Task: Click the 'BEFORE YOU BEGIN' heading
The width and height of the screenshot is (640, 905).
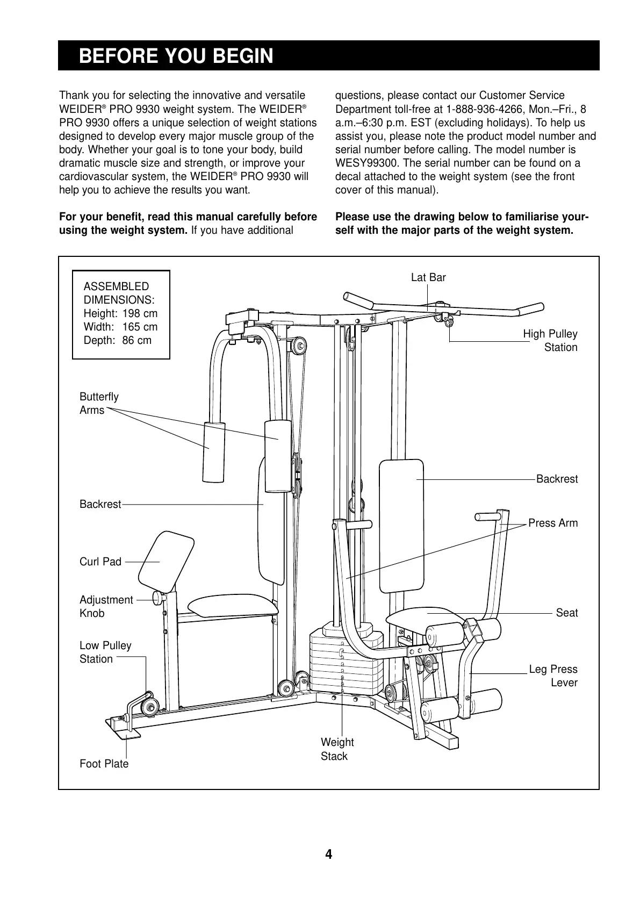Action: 176,56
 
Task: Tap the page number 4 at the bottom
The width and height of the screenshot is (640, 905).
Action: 328,854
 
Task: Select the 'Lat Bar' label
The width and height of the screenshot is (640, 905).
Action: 428,277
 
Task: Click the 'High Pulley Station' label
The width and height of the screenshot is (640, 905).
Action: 550,341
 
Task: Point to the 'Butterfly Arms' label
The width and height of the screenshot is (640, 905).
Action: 99,403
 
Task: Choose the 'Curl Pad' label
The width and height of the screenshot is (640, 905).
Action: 100,562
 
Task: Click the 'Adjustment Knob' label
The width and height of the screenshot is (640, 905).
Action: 106,606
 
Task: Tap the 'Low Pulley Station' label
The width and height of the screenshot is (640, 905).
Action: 105,652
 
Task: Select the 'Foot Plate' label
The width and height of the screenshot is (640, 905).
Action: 104,764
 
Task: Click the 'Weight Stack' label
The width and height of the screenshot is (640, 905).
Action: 337,749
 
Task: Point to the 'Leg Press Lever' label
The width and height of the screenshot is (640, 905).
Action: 553,676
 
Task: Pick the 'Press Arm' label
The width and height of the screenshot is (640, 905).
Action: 553,523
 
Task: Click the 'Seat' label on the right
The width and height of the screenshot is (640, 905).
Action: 566,613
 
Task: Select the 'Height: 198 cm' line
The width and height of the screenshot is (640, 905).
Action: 120,313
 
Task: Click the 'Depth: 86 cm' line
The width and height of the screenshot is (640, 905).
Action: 117,340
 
